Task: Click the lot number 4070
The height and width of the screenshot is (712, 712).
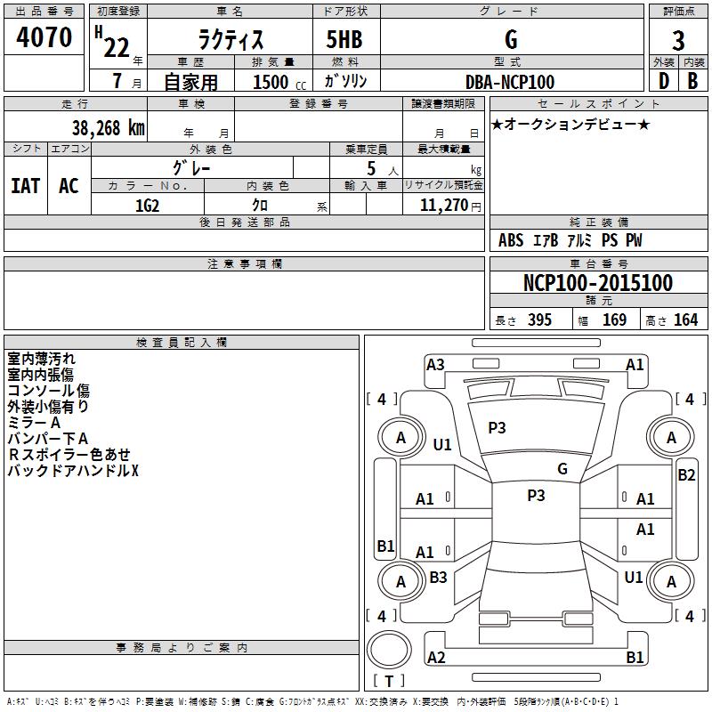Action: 44,37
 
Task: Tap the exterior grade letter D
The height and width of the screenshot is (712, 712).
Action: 662,81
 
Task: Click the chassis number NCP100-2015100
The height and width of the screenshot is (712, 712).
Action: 597,283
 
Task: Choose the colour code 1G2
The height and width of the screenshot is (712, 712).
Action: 147,204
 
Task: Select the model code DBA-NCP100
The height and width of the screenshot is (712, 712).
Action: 510,82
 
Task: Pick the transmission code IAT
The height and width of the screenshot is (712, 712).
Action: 25,186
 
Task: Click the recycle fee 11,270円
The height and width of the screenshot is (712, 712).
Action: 443,204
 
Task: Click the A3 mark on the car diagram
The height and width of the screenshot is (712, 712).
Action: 435,364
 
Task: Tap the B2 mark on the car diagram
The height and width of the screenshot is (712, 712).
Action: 686,475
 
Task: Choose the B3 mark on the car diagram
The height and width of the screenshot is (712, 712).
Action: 438,578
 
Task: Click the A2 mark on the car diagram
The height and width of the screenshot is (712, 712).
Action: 436,658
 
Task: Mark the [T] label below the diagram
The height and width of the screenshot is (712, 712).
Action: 388,682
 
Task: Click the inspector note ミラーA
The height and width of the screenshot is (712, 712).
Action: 34,423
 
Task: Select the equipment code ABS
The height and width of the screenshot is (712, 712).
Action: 511,240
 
